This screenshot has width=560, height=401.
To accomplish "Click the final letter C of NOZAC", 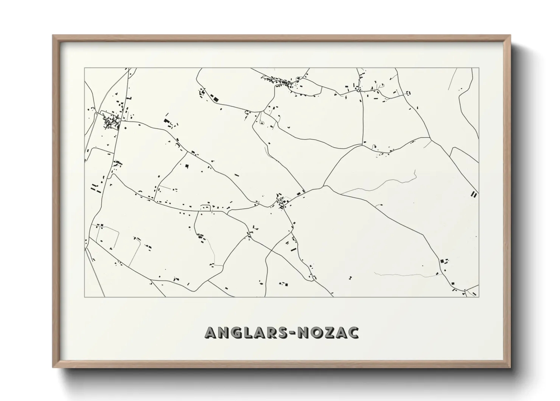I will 354,332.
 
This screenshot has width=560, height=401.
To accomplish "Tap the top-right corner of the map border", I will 479,68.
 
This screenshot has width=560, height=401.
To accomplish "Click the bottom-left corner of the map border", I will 85,297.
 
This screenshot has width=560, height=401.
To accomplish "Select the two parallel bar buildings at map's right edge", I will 474,194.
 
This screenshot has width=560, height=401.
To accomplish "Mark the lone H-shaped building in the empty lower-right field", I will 350,278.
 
